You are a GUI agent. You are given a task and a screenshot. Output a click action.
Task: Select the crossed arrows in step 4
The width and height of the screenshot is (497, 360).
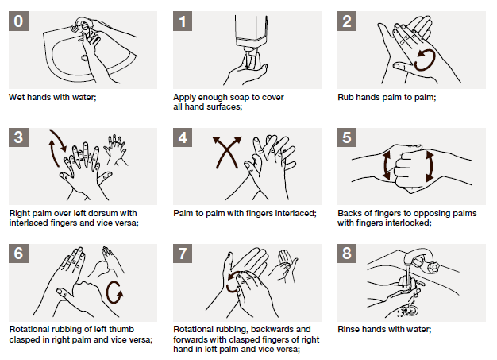[227, 152]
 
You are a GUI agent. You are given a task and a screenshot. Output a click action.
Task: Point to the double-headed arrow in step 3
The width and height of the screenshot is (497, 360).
[56, 143]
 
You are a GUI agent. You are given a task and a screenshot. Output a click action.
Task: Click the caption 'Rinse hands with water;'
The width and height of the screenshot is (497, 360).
[383, 328]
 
